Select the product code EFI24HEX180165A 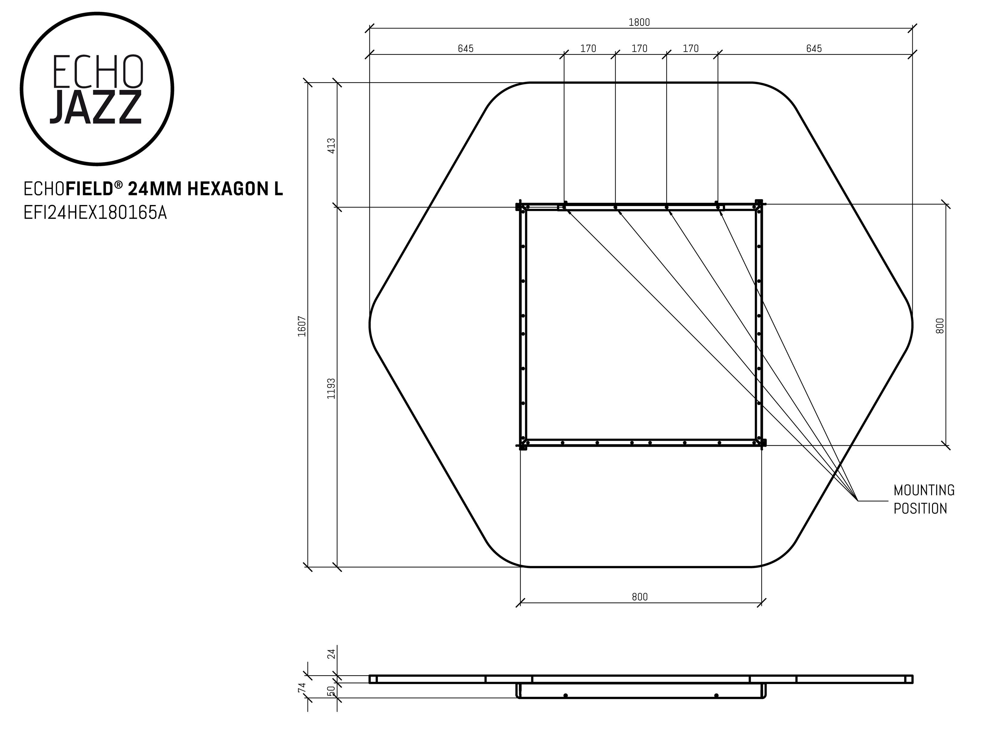coord(95,213)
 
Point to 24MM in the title coord(155,189)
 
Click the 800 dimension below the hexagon coord(640,597)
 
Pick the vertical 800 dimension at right coord(940,326)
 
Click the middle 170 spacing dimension coord(639,48)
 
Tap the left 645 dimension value coord(466,48)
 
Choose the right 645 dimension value coord(814,48)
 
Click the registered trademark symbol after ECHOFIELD coord(118,184)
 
